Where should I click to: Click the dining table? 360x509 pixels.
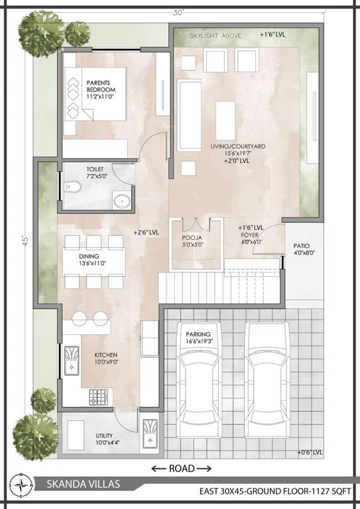(93, 262)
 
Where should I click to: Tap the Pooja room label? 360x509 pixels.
(192, 240)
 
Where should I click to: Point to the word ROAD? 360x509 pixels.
(181, 469)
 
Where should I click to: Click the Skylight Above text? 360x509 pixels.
(215, 34)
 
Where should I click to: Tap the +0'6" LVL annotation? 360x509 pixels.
(310, 453)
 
